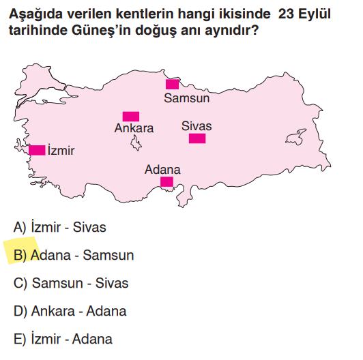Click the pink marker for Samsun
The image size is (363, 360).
tap(172, 84)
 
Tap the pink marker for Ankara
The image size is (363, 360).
tap(130, 117)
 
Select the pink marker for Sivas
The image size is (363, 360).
tap(197, 138)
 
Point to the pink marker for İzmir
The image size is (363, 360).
tap(37, 150)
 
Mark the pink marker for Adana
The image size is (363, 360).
tap(166, 181)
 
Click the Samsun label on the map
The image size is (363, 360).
tap(186, 98)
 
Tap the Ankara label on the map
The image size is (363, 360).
tap(134, 128)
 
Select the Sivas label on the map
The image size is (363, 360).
tap(197, 126)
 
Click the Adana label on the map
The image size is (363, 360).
tap(162, 169)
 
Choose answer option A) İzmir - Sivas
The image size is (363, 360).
tap(59, 228)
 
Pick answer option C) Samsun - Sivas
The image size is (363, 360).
tap(70, 283)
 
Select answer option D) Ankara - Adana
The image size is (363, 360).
tap(70, 311)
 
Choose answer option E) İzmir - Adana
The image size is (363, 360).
tap(62, 339)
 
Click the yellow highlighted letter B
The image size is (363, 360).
tap(19, 256)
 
